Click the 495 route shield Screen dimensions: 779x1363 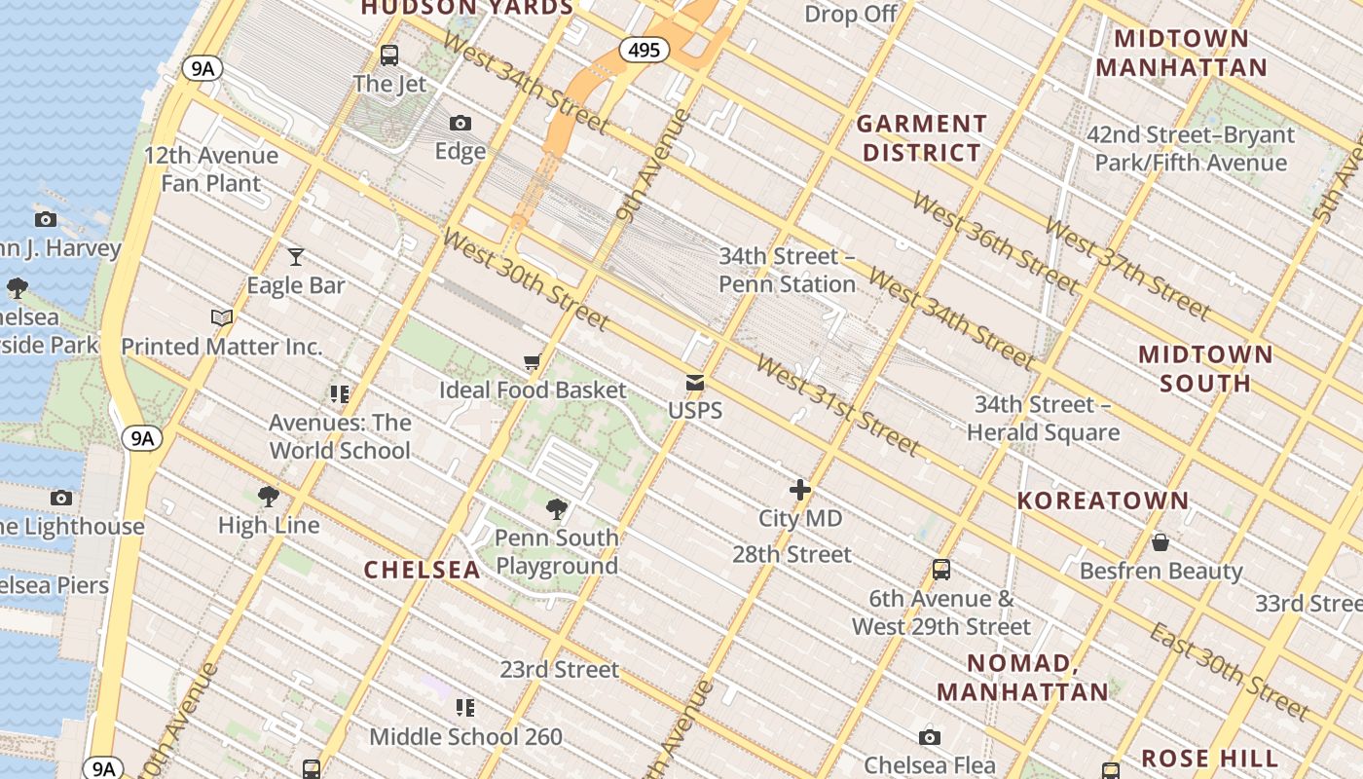point(645,50)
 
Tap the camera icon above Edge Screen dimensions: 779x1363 point(460,123)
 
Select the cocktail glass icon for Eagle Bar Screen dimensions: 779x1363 point(296,256)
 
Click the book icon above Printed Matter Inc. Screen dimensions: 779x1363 point(222,317)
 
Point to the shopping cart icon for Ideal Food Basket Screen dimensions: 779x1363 point(532,362)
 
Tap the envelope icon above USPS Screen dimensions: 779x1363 point(695,383)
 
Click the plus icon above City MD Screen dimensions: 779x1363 point(799,490)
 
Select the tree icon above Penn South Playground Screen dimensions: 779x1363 point(557,509)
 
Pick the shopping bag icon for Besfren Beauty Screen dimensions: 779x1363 point(1160,542)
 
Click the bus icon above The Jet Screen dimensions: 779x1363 point(389,56)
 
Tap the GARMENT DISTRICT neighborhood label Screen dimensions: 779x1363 point(922,138)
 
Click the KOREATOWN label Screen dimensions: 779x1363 point(1103,501)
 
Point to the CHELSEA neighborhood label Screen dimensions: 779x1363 point(423,570)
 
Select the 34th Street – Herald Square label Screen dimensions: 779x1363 point(1043,418)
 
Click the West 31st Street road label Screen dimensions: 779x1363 point(837,405)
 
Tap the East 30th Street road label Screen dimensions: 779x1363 point(1230,672)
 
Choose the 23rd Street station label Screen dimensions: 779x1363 point(559,670)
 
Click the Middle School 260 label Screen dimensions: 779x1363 point(465,736)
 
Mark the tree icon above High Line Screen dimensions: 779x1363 point(269,497)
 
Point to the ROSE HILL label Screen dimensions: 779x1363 point(1209,758)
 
